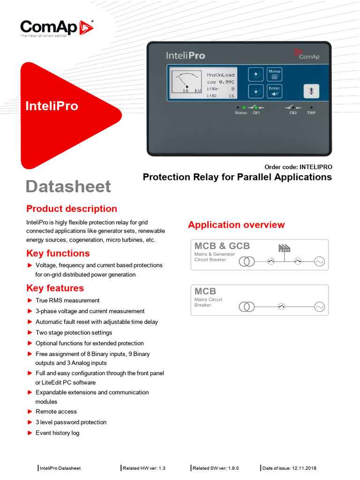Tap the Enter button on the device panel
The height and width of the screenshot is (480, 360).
pos(274,91)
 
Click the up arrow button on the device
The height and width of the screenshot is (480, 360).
pos(255,74)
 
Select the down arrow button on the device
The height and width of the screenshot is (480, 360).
pos(255,91)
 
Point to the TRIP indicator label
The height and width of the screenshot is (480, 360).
pos(311,113)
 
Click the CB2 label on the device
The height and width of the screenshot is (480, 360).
pos(293,113)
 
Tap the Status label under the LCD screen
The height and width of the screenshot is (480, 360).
pos(241,113)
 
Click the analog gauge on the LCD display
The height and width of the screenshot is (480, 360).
pos(186,82)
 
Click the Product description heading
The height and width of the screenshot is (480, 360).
pos(72,209)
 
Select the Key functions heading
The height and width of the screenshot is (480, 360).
pos(58,253)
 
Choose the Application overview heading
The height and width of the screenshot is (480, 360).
pos(236,225)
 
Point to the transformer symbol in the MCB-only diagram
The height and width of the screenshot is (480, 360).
pos(247,307)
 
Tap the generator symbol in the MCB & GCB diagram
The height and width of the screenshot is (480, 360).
pos(320,261)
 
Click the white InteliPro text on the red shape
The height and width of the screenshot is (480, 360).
pos(52,106)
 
